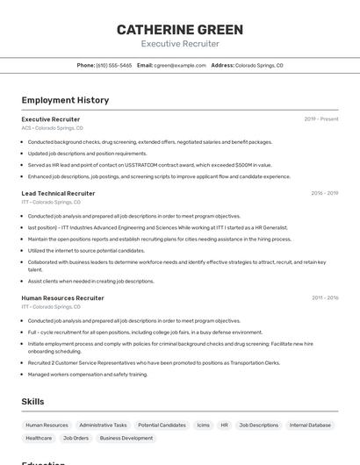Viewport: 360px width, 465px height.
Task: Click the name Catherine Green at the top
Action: coord(180,29)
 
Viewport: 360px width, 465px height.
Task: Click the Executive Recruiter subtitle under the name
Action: coord(180,44)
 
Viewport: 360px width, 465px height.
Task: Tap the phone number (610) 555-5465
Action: coord(114,66)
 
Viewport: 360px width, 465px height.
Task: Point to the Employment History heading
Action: coord(65,100)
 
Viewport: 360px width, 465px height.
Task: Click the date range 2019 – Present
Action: coord(321,119)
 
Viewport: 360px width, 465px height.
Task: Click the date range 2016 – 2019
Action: coord(324,193)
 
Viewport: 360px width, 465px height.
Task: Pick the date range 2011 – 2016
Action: coord(325,298)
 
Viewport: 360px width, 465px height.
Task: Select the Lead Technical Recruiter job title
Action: coord(58,193)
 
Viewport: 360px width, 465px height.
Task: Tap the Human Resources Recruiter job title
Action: coord(62,298)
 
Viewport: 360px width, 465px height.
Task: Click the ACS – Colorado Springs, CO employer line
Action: coord(52,128)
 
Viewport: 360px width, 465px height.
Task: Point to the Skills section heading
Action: coord(32,401)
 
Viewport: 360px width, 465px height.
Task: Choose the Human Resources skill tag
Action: coord(47,425)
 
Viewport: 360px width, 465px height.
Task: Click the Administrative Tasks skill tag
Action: coord(103,425)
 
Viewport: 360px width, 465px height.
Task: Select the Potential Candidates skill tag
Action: coord(162,425)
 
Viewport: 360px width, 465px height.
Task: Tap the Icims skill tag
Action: coord(203,425)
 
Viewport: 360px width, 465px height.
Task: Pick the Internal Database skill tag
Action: coord(310,425)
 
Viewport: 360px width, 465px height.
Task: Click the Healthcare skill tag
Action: coord(39,438)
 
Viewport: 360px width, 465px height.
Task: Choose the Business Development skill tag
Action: coord(126,438)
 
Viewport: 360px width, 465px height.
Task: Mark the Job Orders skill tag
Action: coord(76,438)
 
